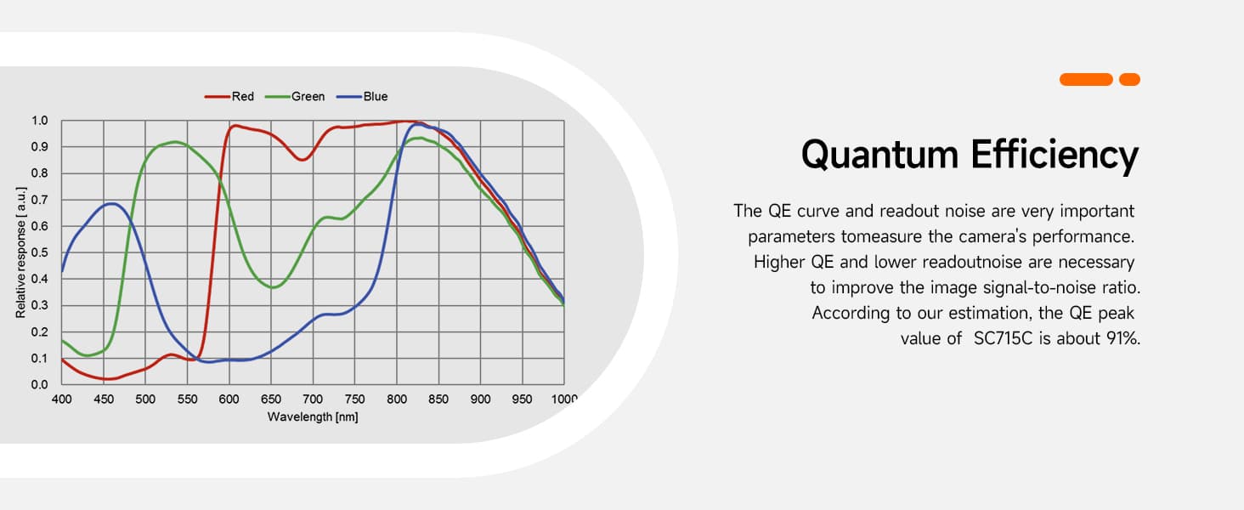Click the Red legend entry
tap(229, 97)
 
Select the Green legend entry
tap(295, 97)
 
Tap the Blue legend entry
tap(362, 97)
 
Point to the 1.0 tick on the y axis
tap(39, 121)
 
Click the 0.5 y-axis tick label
tap(39, 252)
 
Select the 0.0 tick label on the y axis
tap(39, 384)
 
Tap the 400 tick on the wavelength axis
tap(62, 399)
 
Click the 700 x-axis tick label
tap(313, 399)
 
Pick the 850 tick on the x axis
tap(438, 399)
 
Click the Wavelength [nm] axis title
tap(313, 416)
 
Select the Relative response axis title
tap(20, 252)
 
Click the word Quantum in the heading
tap(879, 156)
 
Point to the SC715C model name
tap(1003, 338)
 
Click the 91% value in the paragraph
tap(1123, 338)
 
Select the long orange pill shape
tap(1086, 79)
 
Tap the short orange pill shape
tap(1129, 79)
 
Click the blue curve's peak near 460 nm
tap(112, 204)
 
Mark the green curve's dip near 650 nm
tap(273, 287)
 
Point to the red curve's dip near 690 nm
tap(303, 160)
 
